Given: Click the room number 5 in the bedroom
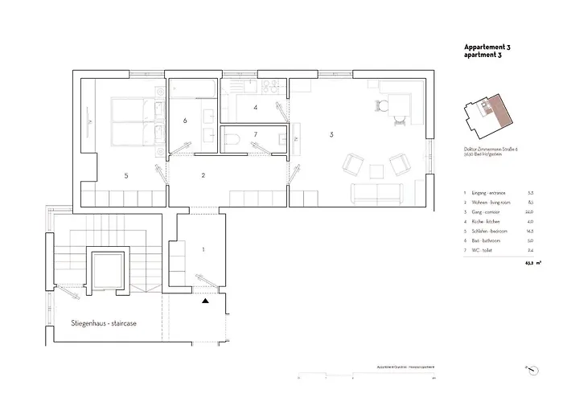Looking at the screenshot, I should point(125,174).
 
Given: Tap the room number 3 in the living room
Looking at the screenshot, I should point(331,135).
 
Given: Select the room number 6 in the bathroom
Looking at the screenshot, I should point(185,121).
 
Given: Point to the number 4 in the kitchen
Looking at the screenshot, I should point(255,107).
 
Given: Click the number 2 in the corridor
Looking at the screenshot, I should point(203,174).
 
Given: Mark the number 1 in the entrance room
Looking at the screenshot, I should point(203,250).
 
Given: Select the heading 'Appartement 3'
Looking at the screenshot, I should point(487,48).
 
